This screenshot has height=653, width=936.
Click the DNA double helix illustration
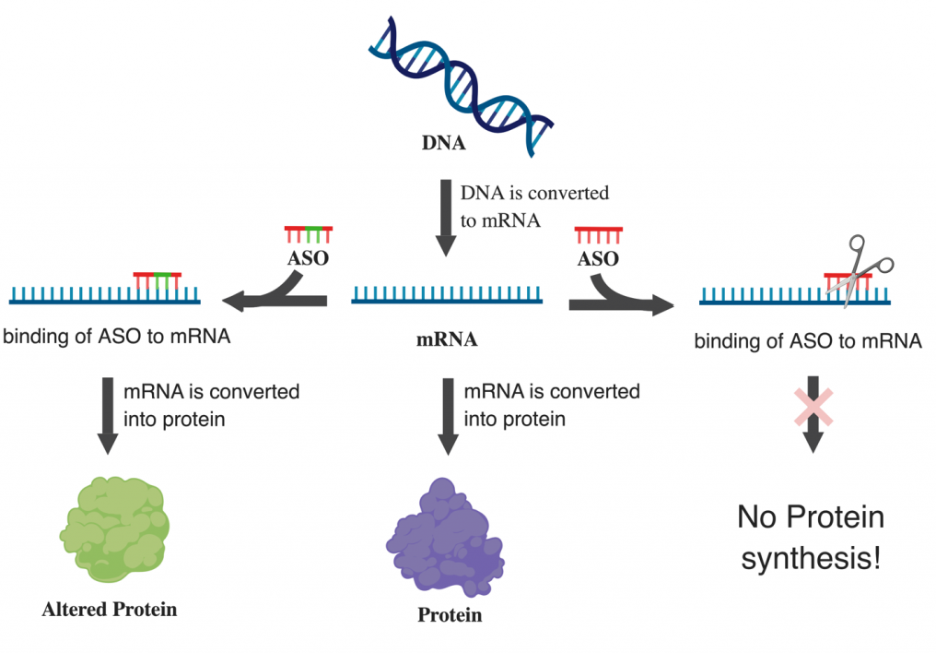461,86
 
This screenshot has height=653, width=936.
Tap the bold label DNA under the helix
443,143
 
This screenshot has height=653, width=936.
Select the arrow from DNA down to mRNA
446,218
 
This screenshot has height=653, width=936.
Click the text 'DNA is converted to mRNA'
534,207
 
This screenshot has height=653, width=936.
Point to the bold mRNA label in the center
447,339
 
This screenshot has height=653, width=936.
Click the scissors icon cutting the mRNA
860,270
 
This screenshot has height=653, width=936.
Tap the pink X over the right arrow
813,408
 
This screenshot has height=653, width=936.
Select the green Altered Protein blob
114,529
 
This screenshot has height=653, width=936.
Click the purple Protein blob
445,538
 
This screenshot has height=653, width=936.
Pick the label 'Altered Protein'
110,610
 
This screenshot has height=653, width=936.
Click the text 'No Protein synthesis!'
811,537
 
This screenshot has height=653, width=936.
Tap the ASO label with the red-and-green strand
308,258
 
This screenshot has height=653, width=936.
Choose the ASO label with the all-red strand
598,258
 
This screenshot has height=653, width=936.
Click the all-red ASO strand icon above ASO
599,235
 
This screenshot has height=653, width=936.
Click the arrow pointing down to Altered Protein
108,416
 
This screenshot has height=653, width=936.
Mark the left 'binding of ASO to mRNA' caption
117,337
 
